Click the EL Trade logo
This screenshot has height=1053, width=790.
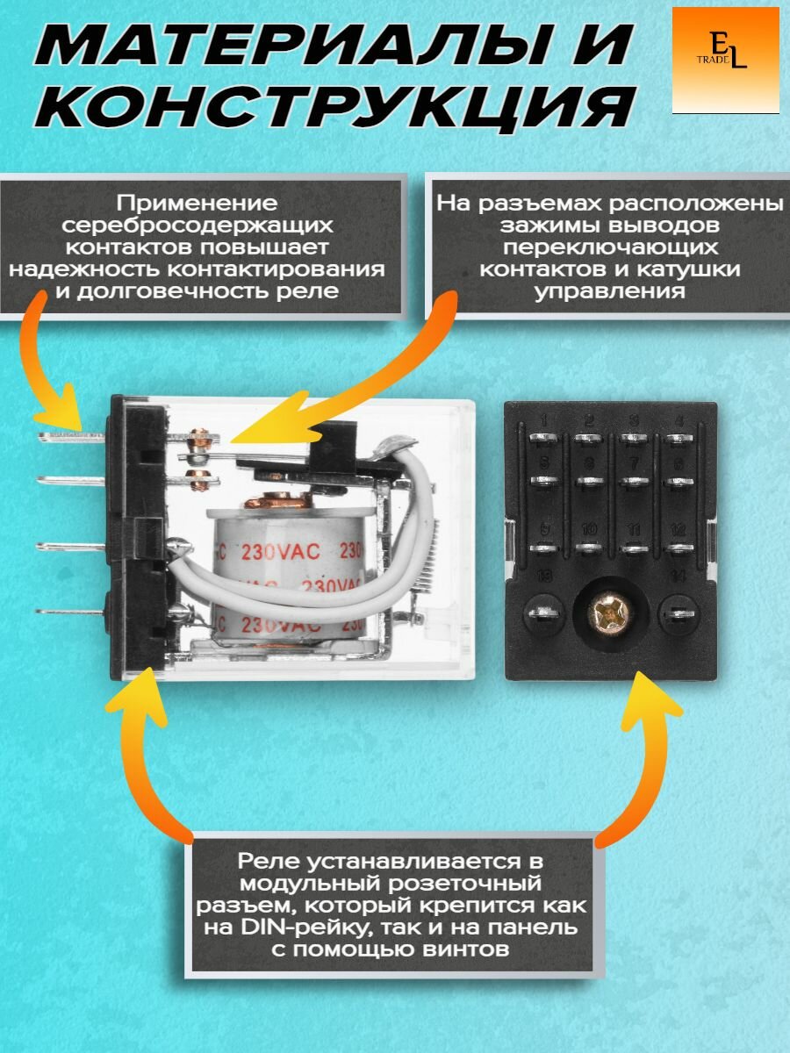pos(725,61)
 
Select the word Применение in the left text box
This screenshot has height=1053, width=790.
pos(201,203)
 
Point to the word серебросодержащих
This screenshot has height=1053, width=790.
pos(201,225)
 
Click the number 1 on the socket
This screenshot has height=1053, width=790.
pos(544,419)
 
